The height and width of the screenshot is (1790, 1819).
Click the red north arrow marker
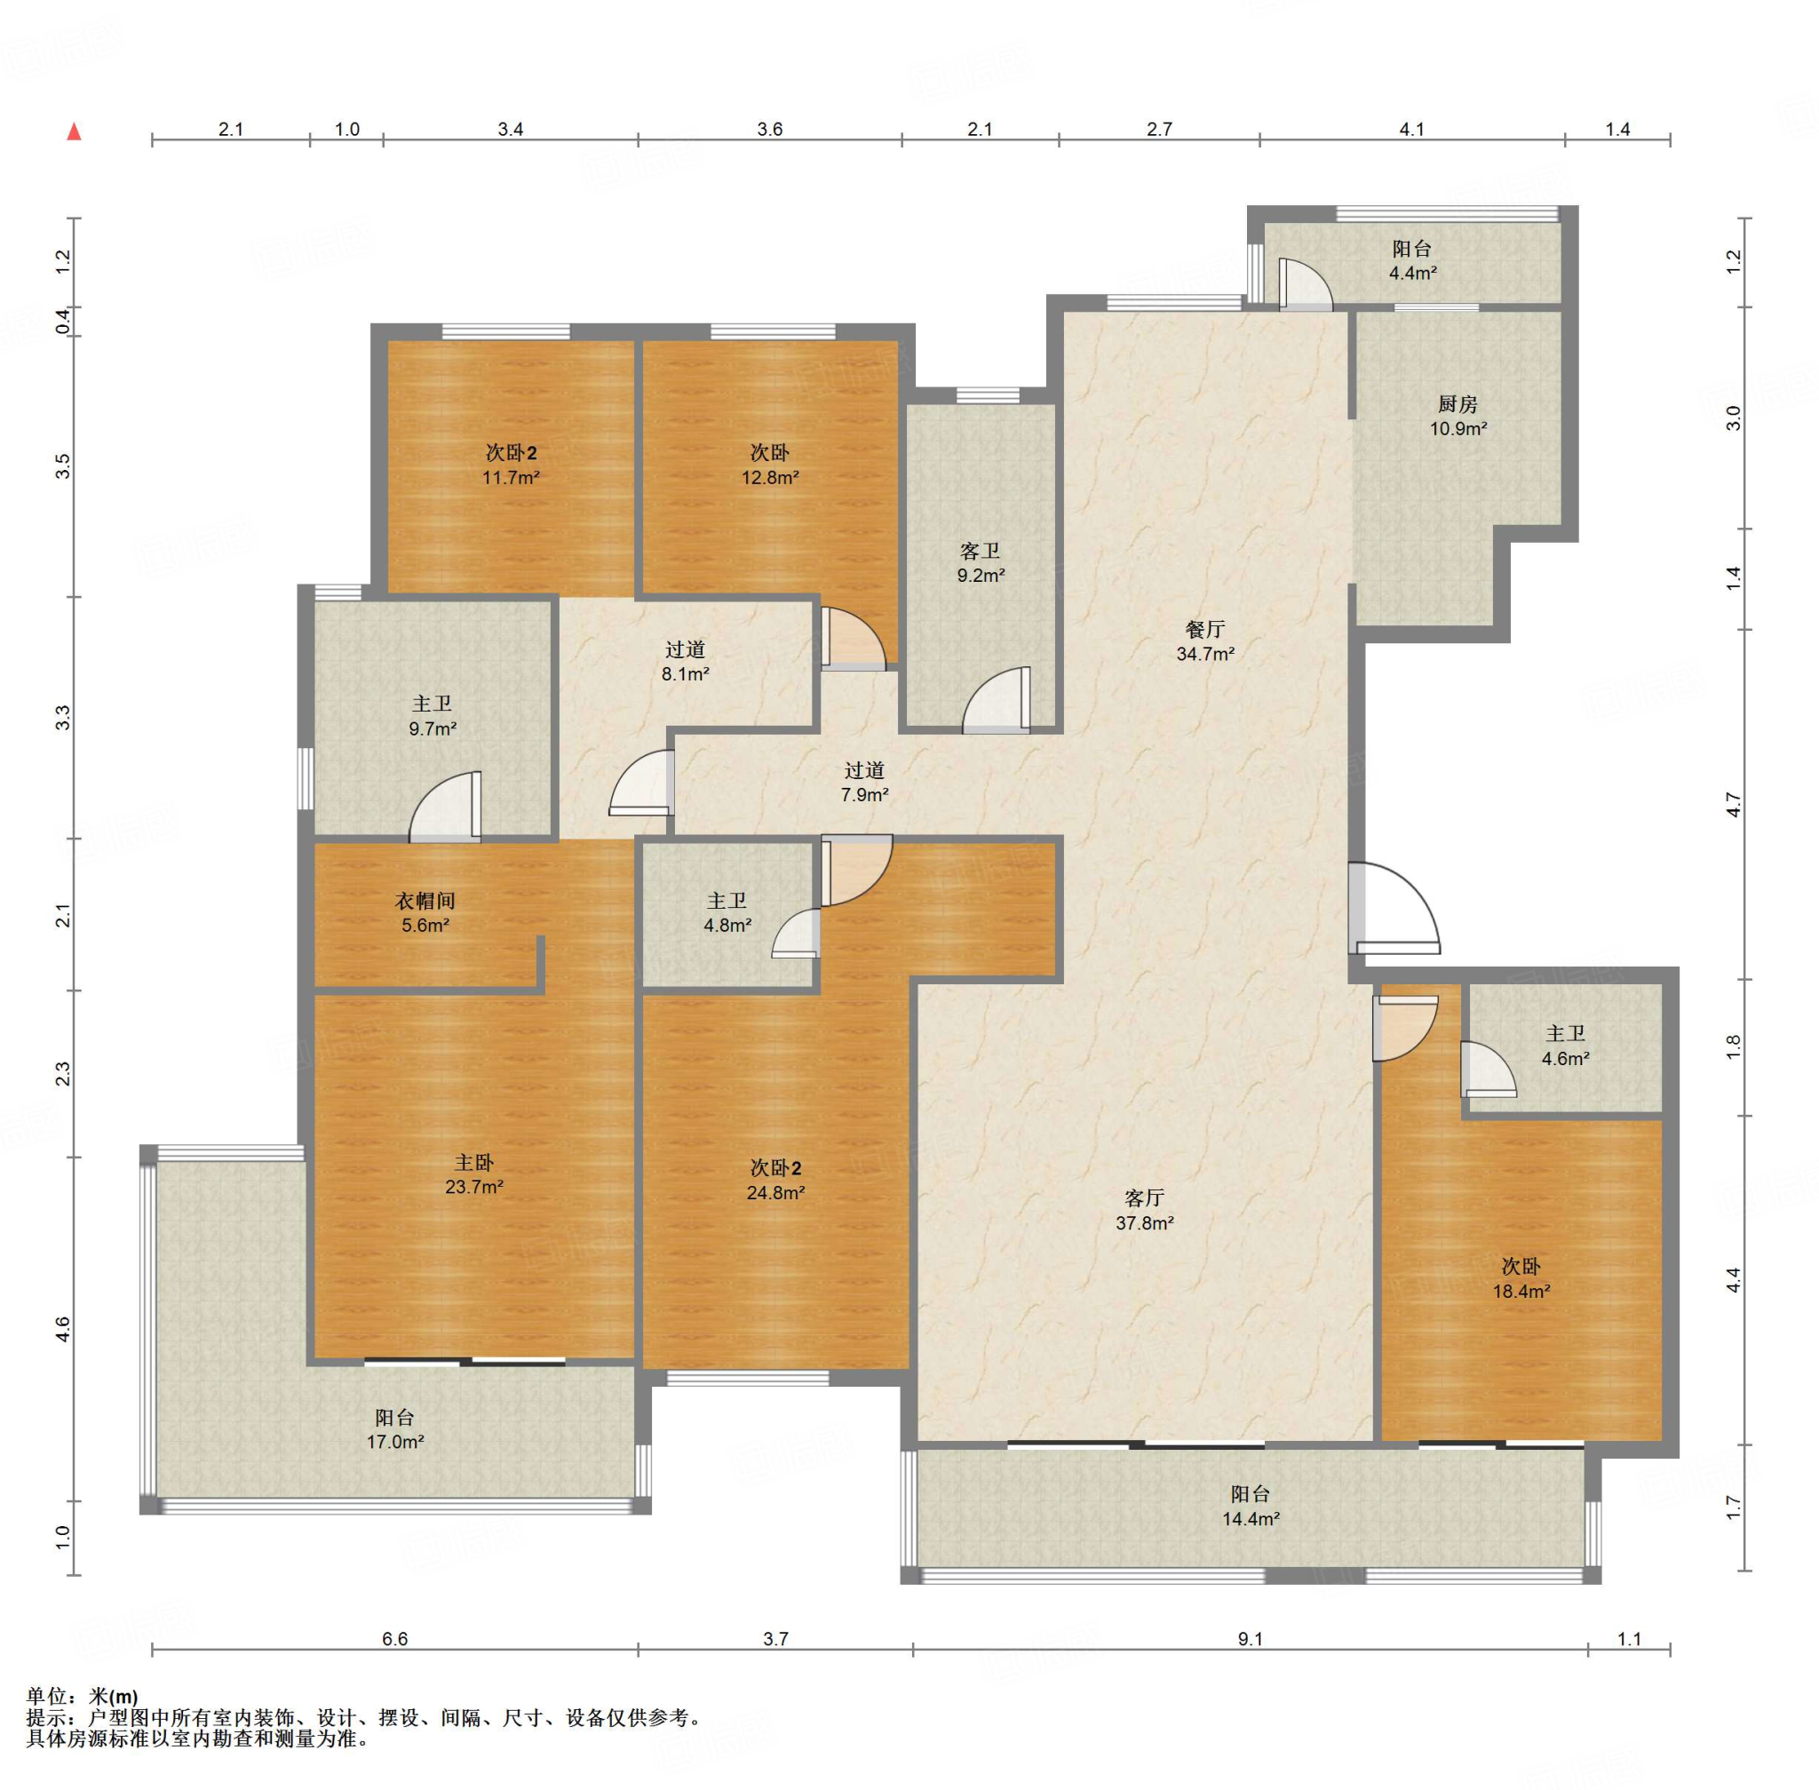(x=75, y=131)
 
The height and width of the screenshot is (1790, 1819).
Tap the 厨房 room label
(x=1458, y=404)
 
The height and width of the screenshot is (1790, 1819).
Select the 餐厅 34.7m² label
(x=1205, y=641)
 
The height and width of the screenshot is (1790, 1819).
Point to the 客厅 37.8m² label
(x=1145, y=1210)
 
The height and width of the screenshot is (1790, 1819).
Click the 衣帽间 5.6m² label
(x=425, y=913)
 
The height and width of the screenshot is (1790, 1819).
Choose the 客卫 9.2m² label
(x=981, y=563)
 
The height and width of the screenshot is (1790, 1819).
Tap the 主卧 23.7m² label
(x=473, y=1174)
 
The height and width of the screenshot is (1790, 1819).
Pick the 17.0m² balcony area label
(x=395, y=1441)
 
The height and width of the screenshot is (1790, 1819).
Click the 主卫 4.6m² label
(x=1565, y=1046)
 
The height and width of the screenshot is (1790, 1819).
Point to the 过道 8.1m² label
(x=686, y=661)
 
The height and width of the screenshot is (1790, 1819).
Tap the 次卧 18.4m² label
(x=1521, y=1278)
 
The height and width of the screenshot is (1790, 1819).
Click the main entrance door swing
(x=1394, y=909)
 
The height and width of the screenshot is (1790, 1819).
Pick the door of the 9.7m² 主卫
(x=446, y=806)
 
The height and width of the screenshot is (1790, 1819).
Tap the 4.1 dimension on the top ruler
(x=1412, y=130)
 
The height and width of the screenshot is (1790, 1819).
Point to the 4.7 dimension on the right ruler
(x=1734, y=806)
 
